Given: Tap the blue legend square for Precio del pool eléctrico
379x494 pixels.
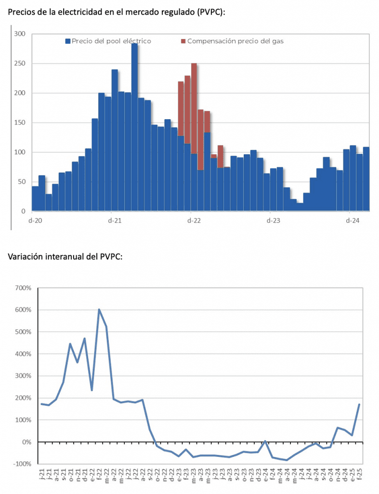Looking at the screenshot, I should click(68, 41).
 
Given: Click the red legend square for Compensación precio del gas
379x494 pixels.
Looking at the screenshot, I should click(183, 41).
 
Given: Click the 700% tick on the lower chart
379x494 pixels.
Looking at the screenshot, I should click(23, 288).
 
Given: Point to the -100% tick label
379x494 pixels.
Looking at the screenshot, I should click(22, 464).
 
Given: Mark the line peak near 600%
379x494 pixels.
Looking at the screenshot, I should click(99, 310).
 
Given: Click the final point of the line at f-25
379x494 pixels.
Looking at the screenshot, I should click(359, 404).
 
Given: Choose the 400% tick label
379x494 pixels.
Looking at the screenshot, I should click(23, 354).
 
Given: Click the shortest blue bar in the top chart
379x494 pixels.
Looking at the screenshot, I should click(300, 207).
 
